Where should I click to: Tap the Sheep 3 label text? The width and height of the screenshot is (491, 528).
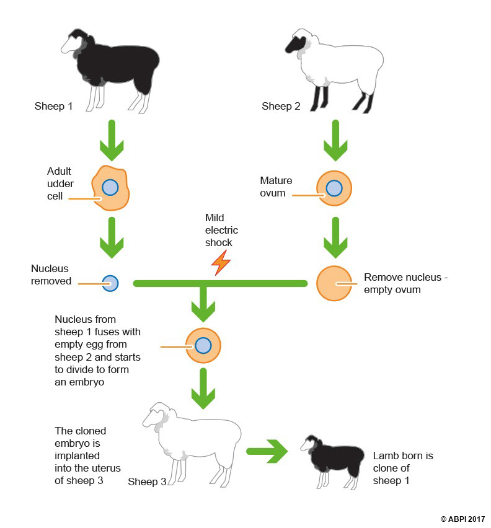[147, 482]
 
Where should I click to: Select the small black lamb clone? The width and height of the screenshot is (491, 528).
[332, 459]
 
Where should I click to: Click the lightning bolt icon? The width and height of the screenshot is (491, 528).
[221, 263]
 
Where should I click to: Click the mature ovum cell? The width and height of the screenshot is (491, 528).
[334, 187]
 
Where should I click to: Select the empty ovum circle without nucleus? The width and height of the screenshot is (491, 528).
[334, 283]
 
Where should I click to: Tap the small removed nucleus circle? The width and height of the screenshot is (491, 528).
[110, 283]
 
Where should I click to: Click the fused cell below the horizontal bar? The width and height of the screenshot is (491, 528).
[203, 345]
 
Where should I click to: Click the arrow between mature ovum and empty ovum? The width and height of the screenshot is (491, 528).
[335, 237]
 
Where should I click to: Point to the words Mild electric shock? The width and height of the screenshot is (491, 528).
[221, 230]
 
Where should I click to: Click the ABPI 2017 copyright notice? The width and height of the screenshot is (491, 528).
[462, 519]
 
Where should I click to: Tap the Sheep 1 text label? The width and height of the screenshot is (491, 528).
[53, 106]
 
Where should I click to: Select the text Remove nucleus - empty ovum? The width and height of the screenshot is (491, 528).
[405, 283]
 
